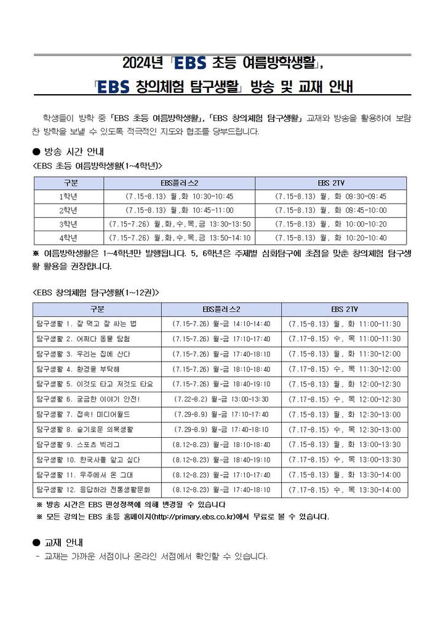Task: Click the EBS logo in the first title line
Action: pos(191,63)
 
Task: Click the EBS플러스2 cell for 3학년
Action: pos(179,223)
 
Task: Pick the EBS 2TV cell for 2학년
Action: pos(330,210)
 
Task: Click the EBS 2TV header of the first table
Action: pos(330,183)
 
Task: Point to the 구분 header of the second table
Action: pos(97,309)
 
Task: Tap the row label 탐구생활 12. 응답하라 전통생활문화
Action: pos(97,490)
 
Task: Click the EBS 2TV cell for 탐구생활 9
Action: pos(344,445)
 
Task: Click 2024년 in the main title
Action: pos(142,63)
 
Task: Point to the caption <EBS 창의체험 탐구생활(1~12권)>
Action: pos(95,291)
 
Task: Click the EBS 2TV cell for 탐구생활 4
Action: pos(344,369)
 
